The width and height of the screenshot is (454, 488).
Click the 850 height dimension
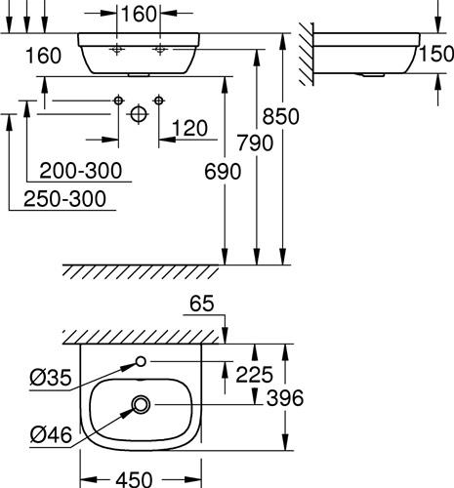click(x=280, y=116)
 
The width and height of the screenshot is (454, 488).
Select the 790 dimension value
click(x=255, y=142)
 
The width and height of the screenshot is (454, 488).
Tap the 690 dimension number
click(x=223, y=172)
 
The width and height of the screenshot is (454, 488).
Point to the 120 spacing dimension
click(x=189, y=128)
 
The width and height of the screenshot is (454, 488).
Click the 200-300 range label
click(x=81, y=170)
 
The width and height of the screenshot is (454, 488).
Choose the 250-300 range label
click(x=64, y=199)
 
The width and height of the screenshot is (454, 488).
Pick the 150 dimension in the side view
click(x=436, y=54)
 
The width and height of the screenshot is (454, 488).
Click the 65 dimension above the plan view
click(x=202, y=304)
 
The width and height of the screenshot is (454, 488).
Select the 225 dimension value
click(x=254, y=375)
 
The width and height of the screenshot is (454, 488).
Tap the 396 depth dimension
click(x=285, y=398)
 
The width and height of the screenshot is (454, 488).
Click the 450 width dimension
click(x=134, y=479)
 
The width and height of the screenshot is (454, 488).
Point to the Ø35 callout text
click(x=51, y=378)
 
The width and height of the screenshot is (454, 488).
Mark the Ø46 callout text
click(x=51, y=435)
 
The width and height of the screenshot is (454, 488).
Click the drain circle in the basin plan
click(x=141, y=404)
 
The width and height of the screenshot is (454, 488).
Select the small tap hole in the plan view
click(x=141, y=361)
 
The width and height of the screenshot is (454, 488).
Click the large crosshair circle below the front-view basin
click(x=139, y=114)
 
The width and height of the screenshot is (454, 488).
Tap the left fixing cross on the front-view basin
click(x=116, y=50)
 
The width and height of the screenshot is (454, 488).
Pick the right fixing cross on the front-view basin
click(x=159, y=50)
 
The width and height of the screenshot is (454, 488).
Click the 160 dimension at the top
click(x=139, y=14)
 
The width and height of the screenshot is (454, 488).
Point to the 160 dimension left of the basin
click(x=43, y=56)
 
